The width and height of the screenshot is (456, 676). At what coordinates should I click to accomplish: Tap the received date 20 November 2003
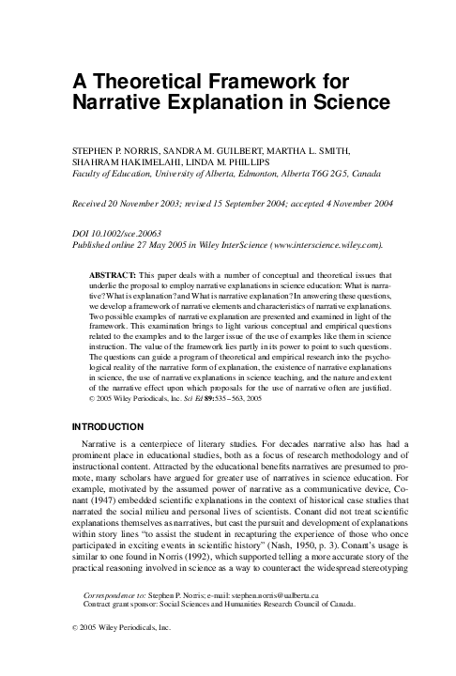coord(153,204)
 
